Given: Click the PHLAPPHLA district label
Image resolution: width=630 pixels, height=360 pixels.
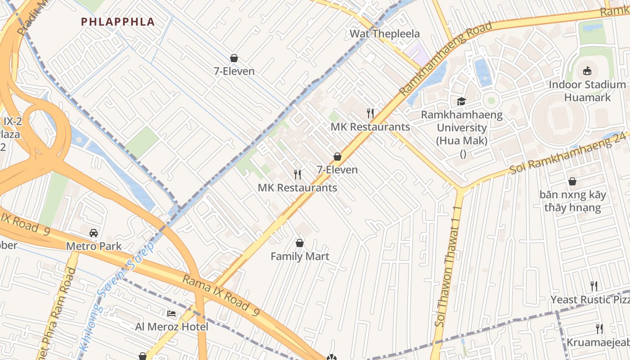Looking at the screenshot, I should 118,22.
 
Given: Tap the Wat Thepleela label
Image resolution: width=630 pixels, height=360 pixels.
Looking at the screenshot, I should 384,34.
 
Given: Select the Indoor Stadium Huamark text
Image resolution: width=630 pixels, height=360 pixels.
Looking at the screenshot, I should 587,91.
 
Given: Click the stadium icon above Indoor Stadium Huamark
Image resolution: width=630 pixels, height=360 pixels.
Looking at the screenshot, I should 587,71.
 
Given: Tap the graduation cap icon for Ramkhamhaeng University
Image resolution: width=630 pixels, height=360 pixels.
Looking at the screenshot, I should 461,101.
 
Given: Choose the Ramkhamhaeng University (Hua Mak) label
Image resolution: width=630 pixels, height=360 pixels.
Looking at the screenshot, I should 462,128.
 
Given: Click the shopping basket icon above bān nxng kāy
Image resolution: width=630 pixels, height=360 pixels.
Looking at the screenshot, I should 572,181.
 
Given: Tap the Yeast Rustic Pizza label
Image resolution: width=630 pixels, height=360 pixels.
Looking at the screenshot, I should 589,300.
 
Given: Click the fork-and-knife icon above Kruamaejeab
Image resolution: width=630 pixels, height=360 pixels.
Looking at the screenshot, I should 599,328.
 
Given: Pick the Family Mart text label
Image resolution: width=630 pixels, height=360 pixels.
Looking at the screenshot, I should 300,256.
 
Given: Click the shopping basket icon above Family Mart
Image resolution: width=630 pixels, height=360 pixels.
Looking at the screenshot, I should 300,243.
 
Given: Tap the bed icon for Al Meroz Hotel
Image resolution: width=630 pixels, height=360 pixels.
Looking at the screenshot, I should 171,313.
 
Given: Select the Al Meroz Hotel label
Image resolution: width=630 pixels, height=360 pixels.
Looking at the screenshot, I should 171,327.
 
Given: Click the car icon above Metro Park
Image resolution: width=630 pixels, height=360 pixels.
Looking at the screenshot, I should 94,233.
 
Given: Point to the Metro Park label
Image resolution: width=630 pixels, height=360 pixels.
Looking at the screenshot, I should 94,246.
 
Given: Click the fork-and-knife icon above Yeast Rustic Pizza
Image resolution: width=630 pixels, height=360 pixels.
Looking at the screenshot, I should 594,286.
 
